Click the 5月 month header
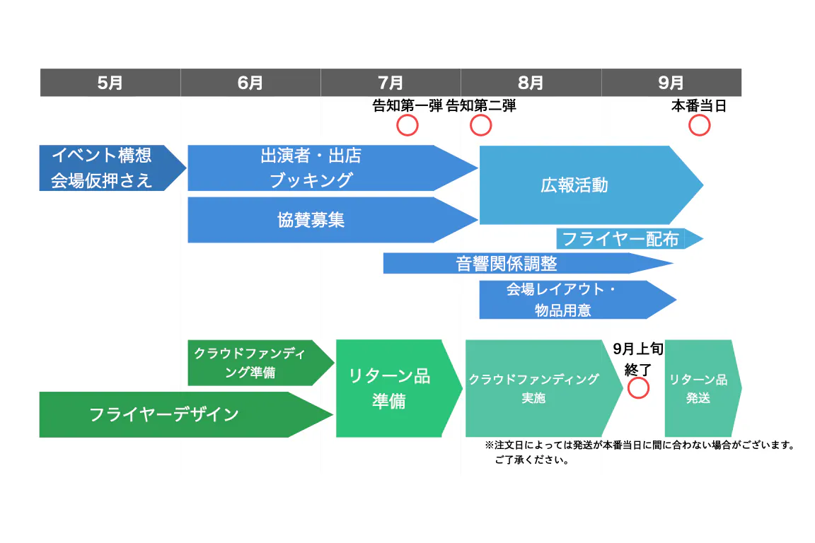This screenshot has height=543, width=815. [110, 83]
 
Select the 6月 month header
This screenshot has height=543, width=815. [250, 83]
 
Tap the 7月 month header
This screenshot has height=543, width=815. [391, 83]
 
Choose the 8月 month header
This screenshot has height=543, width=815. [531, 83]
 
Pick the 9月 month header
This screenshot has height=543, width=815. [671, 83]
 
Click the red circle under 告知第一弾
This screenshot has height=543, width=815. [407, 125]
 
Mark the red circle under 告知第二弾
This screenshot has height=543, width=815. [480, 125]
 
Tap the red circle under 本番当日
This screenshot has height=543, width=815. [699, 125]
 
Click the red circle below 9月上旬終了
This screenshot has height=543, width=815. [638, 387]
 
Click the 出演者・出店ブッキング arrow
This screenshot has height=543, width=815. [311, 168]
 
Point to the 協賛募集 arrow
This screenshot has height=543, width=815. [311, 220]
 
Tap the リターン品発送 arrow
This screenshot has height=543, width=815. [699, 388]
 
